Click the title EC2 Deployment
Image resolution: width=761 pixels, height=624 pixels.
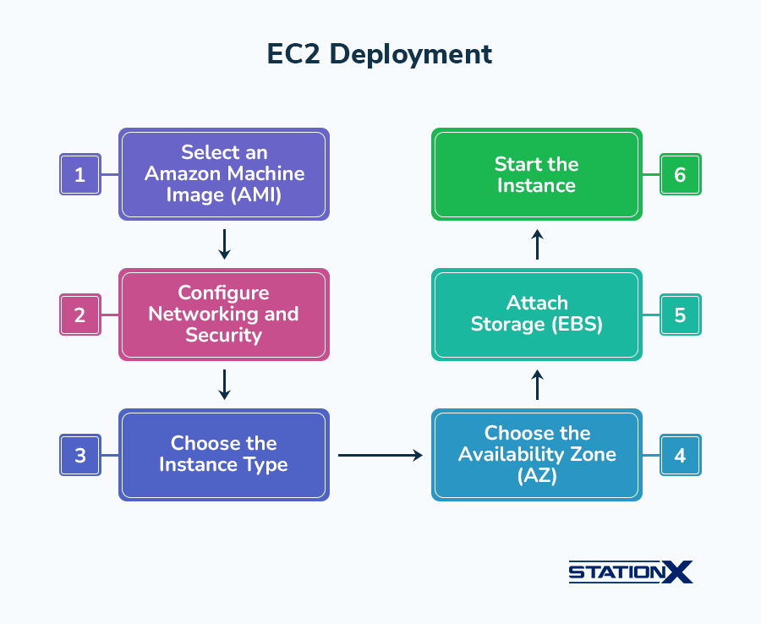click(x=380, y=54)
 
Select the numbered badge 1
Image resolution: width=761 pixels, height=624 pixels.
click(x=80, y=174)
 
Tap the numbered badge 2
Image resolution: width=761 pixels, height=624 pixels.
click(x=80, y=315)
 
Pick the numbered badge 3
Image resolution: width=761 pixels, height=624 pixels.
click(x=80, y=455)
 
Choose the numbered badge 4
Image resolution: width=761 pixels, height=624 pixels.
click(x=681, y=455)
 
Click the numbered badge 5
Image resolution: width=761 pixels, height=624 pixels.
click(x=681, y=315)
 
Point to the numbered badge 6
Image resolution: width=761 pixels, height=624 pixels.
click(x=681, y=174)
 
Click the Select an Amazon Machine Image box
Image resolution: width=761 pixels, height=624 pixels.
click(x=224, y=174)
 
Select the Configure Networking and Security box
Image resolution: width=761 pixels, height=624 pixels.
click(x=224, y=315)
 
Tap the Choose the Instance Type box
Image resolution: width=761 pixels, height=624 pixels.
click(x=224, y=455)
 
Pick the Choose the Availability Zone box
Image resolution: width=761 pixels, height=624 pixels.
click(x=537, y=455)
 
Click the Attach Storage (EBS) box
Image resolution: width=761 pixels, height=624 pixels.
click(x=537, y=315)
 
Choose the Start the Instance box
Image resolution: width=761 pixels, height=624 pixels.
click(x=537, y=174)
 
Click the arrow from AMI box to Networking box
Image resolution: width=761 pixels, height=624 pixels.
click(x=224, y=244)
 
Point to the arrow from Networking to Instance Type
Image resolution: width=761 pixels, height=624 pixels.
click(x=224, y=385)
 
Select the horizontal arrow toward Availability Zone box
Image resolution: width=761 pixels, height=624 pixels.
click(x=380, y=455)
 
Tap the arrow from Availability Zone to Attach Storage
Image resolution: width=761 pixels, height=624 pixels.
click(x=537, y=385)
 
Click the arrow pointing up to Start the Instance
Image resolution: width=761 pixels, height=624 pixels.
click(x=537, y=244)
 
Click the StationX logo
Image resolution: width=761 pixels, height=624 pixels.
click(x=631, y=572)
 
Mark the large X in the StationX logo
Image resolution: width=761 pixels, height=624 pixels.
click(x=677, y=572)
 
